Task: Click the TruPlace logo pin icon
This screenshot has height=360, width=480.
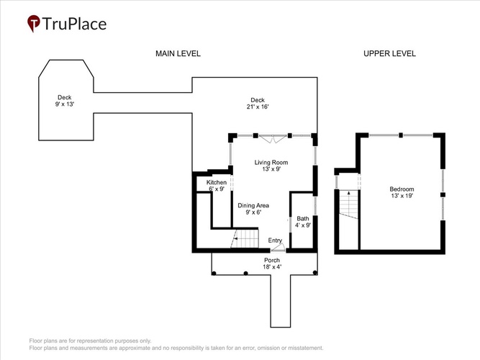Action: [34, 23]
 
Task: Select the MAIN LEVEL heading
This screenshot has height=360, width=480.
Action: [178, 53]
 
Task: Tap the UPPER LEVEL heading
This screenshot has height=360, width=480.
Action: [389, 53]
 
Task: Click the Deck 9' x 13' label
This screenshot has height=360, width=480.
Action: [65, 101]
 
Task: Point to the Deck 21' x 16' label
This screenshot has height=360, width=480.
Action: [258, 103]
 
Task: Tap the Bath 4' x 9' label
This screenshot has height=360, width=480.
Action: [303, 222]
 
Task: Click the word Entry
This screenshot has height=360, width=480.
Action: [275, 240]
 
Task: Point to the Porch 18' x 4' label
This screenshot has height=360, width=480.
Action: [272, 264]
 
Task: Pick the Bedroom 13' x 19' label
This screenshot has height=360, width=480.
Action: [402, 192]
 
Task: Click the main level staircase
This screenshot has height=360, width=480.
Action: [245, 239]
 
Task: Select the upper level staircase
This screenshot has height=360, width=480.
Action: [348, 204]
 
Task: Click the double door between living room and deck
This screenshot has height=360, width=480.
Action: [273, 139]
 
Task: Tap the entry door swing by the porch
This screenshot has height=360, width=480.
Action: [279, 248]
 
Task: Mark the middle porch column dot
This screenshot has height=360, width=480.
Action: [245, 273]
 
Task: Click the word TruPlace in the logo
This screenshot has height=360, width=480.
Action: [74, 24]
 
